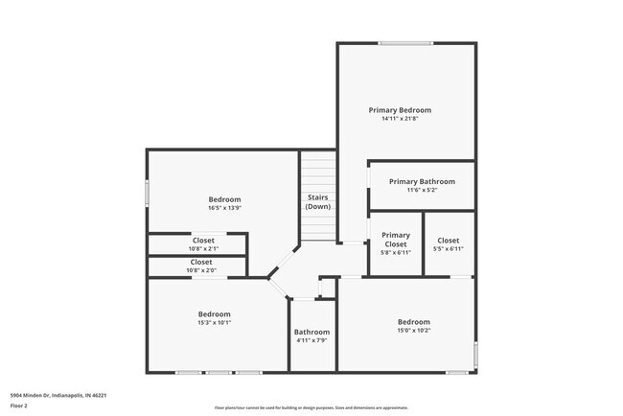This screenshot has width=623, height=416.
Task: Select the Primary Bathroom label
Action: click(x=422, y=181)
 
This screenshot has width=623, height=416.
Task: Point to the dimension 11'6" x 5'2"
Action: click(x=422, y=191)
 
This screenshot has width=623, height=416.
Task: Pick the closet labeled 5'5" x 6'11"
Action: click(x=449, y=244)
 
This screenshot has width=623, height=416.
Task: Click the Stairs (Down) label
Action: click(x=318, y=201)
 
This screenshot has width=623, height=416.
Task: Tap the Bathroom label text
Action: click(x=311, y=332)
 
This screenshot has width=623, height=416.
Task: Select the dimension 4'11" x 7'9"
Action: click(x=311, y=341)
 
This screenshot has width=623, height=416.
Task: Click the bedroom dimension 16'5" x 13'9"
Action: click(x=224, y=208)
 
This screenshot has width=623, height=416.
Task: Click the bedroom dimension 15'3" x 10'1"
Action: click(x=215, y=323)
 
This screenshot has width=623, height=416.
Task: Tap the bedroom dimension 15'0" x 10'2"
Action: click(x=414, y=331)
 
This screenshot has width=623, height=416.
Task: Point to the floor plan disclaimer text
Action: click(x=311, y=407)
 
